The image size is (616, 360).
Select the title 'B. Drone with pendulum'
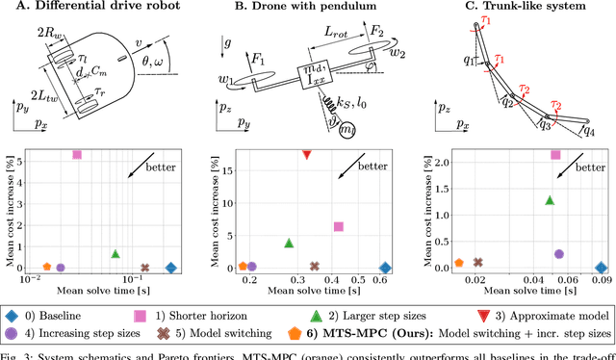(x=304, y=10)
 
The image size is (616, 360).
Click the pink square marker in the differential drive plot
(x=77, y=154)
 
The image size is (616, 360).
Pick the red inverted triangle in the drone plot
(x=306, y=154)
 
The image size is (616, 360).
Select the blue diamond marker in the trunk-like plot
(x=601, y=269)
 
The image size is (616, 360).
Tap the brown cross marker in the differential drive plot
(x=145, y=269)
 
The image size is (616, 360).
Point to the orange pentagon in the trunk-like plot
(x=459, y=263)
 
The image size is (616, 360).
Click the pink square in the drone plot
(x=338, y=226)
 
